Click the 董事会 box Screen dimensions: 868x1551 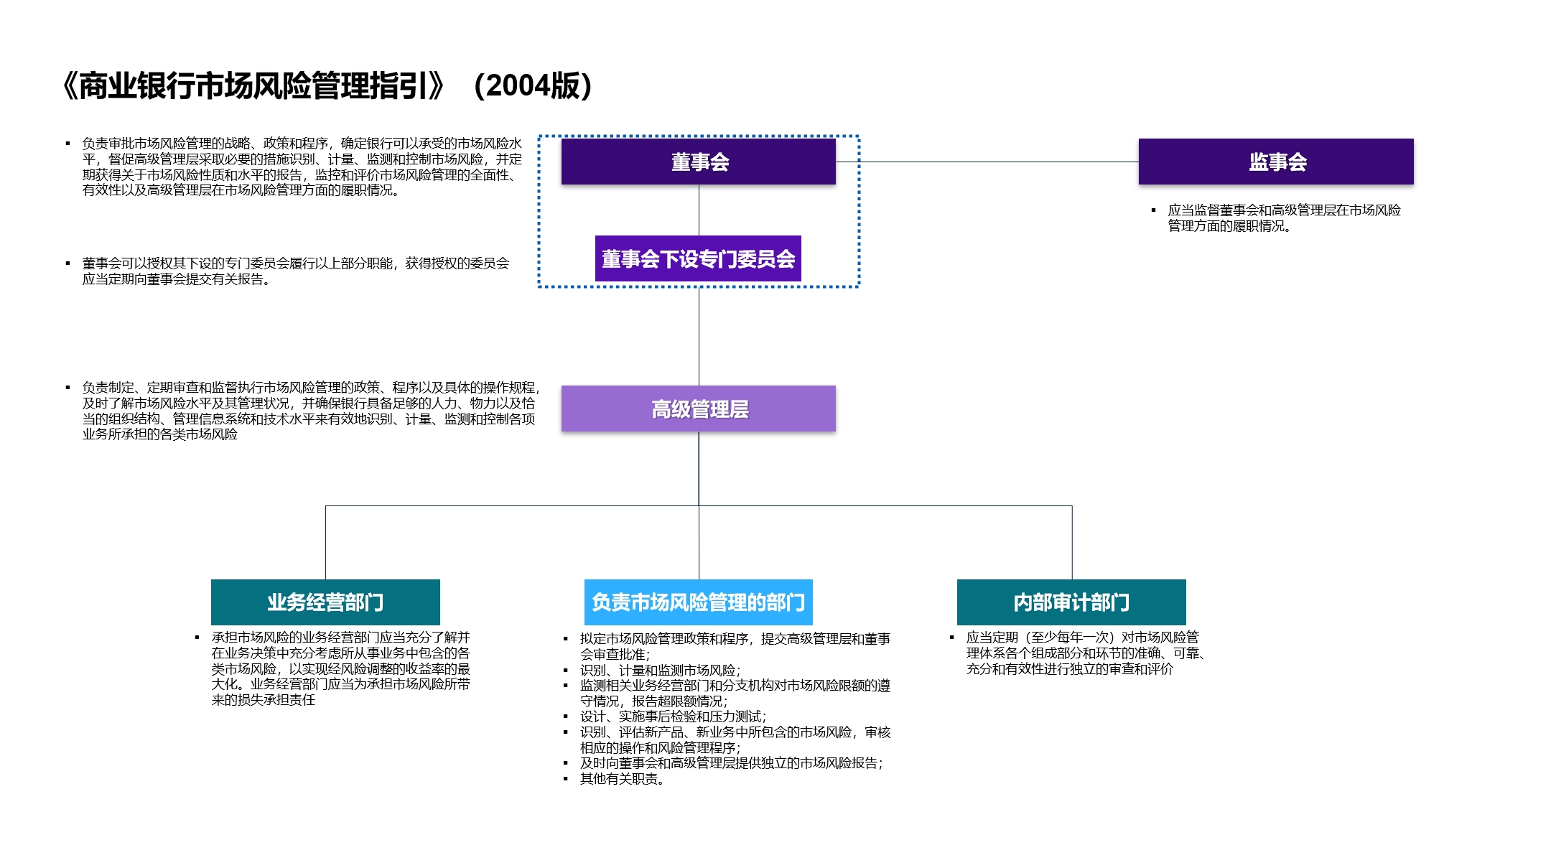tap(698, 162)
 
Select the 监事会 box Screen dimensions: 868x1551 tap(1275, 162)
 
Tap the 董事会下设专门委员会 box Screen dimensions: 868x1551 tap(698, 258)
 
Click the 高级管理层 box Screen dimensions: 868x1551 tap(698, 409)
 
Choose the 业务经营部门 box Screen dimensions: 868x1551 tap(325, 602)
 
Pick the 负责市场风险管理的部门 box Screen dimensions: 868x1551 tap(698, 602)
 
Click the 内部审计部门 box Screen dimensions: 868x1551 tap(1071, 602)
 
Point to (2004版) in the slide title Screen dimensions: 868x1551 tap(533, 85)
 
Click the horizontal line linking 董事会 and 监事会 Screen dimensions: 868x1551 tap(987, 162)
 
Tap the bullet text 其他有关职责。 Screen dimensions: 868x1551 tap(622, 779)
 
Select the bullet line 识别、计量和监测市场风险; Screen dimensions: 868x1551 tap(660, 670)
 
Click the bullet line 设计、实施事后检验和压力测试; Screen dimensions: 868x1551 tap(673, 717)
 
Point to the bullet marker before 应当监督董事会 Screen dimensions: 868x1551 tap(1153, 210)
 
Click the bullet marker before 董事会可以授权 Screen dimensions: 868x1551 tap(68, 263)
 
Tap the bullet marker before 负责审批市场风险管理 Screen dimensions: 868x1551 tap(68, 144)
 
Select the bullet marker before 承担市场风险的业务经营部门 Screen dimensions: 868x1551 tap(197, 638)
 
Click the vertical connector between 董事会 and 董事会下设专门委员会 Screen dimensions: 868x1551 tap(699, 210)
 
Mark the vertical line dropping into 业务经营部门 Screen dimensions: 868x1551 tap(326, 543)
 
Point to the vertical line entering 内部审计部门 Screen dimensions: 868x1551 tap(1072, 543)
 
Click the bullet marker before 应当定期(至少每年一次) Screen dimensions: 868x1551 tap(951, 638)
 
